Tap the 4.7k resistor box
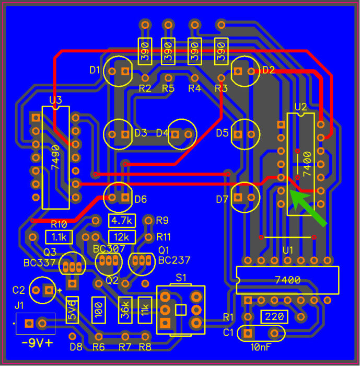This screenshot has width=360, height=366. click(x=122, y=220)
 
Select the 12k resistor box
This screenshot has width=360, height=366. click(x=122, y=237)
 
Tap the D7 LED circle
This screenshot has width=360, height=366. click(x=245, y=197)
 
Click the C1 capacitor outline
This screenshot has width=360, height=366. click(x=261, y=333)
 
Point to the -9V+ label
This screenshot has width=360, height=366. click(x=38, y=344)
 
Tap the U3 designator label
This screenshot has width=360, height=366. click(x=55, y=100)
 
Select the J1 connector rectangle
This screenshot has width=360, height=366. click(x=36, y=324)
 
